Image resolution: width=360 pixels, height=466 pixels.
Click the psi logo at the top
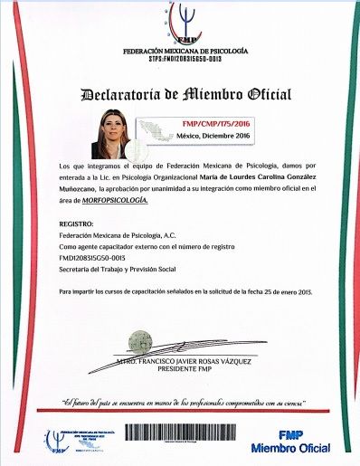click(x=186, y=22)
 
